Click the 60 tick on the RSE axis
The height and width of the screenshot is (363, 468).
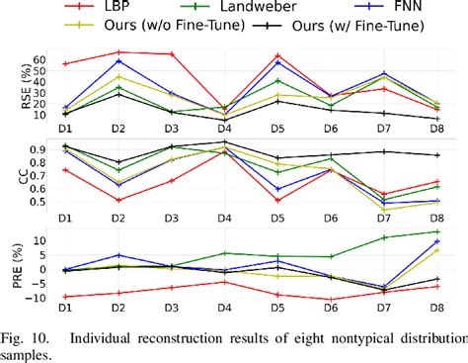39,59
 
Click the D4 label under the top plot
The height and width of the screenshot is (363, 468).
224,130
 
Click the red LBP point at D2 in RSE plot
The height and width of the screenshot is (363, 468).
118,51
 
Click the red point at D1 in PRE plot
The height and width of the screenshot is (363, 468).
65,297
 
